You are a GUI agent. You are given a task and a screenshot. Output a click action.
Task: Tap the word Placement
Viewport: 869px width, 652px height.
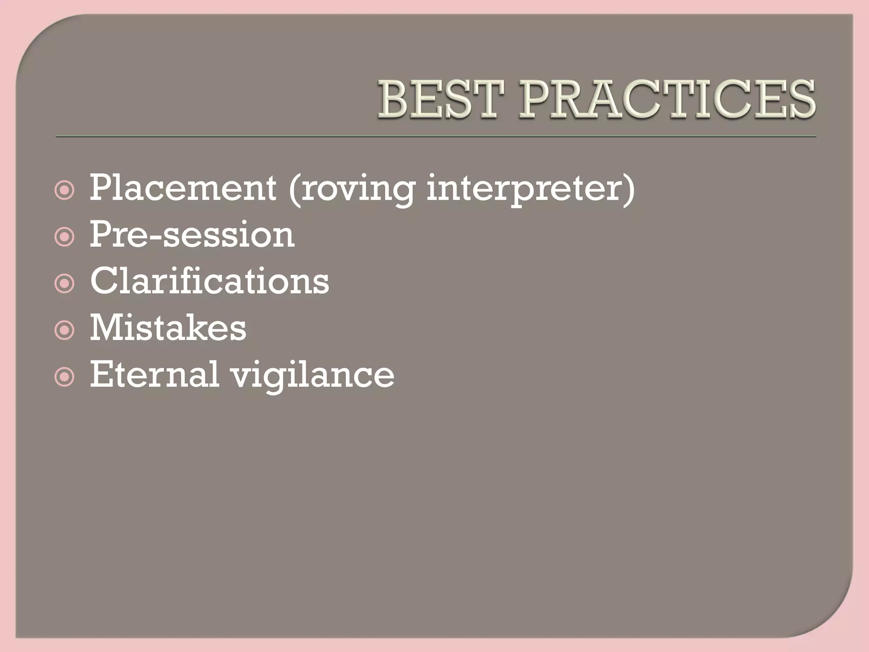(x=183, y=188)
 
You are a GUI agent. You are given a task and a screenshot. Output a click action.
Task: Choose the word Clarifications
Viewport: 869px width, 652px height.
(x=209, y=281)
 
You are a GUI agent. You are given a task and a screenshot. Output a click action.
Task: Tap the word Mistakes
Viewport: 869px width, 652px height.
(x=168, y=328)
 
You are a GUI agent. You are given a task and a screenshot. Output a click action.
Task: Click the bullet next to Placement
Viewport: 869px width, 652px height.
(x=64, y=191)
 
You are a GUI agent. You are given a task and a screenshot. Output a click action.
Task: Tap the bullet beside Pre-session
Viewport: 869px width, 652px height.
(x=64, y=238)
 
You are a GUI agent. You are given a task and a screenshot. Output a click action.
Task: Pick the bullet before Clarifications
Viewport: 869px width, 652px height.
(x=64, y=285)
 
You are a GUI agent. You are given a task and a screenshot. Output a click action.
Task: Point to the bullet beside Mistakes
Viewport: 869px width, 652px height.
(x=64, y=331)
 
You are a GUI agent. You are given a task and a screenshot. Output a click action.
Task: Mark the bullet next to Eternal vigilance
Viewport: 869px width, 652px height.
(x=64, y=378)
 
